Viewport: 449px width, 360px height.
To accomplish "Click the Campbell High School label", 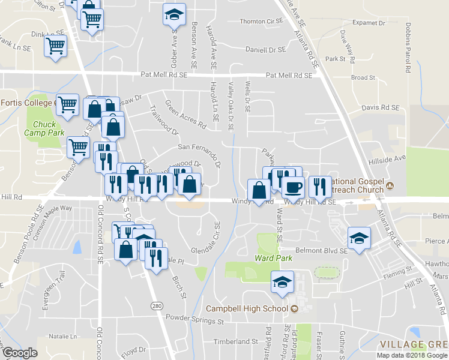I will pyautogui.click(x=247, y=309).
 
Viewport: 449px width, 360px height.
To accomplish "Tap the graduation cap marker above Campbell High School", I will pyautogui.click(x=281, y=281).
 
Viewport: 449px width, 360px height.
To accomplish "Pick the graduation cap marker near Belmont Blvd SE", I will pyautogui.click(x=358, y=239).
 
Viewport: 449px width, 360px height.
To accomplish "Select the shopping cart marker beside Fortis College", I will pyautogui.click(x=67, y=104).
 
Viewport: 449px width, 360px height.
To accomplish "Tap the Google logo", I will pyautogui.click(x=19, y=353).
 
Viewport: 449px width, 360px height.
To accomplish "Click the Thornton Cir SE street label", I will pyautogui.click(x=261, y=21).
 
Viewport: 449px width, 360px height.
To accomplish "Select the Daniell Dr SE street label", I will pyautogui.click(x=264, y=50).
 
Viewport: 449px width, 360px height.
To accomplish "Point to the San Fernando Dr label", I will pyautogui.click(x=198, y=147).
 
